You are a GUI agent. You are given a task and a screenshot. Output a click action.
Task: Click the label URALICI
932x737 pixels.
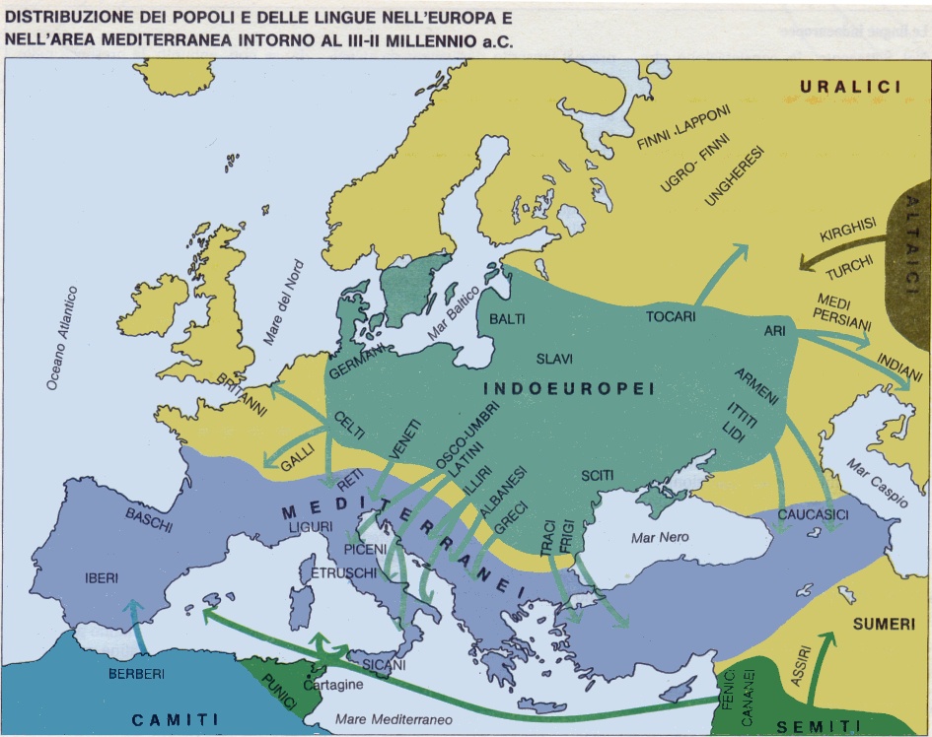[850, 88]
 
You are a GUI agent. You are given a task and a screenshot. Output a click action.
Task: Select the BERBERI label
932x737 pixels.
[135, 674]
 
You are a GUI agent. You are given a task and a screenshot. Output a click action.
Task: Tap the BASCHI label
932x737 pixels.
[149, 519]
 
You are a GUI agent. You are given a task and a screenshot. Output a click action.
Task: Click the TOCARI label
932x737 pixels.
[671, 317]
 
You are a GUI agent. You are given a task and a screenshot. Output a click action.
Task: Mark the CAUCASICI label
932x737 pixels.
[813, 515]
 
